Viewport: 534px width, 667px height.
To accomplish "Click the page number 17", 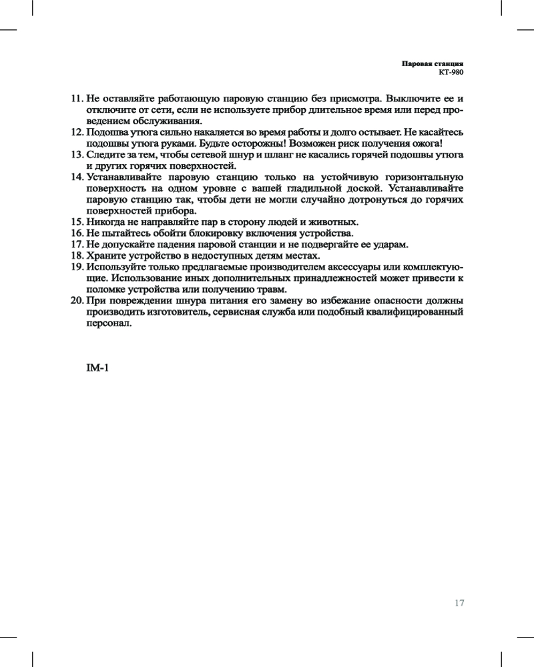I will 459,603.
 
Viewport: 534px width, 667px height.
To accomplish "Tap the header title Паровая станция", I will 432,63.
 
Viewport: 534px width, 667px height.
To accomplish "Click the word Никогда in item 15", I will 106,221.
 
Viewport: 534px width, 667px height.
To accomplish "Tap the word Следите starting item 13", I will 105,155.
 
